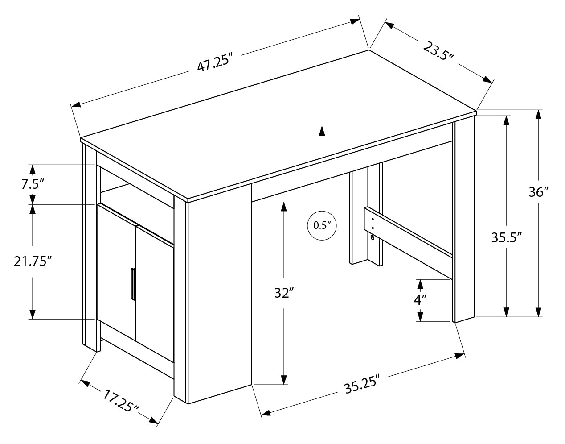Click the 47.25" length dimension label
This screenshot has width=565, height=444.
click(x=214, y=63)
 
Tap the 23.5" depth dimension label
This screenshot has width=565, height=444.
click(x=438, y=54)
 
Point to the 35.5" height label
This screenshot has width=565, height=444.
click(x=507, y=237)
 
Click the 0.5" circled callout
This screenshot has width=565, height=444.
click(x=322, y=225)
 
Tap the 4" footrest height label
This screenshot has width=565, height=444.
click(x=420, y=300)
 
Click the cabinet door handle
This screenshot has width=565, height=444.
click(x=133, y=284)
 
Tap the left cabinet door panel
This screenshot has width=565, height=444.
click(x=116, y=272)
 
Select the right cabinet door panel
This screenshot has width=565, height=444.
click(x=155, y=294)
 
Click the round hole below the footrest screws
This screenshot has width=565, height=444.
click(x=373, y=237)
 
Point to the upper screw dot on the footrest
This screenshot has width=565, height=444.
click(x=373, y=220)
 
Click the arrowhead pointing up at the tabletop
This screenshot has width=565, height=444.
click(x=322, y=131)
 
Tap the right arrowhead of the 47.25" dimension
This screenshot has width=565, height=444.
click(x=355, y=21)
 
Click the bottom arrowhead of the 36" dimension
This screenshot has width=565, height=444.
click(x=538, y=312)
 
